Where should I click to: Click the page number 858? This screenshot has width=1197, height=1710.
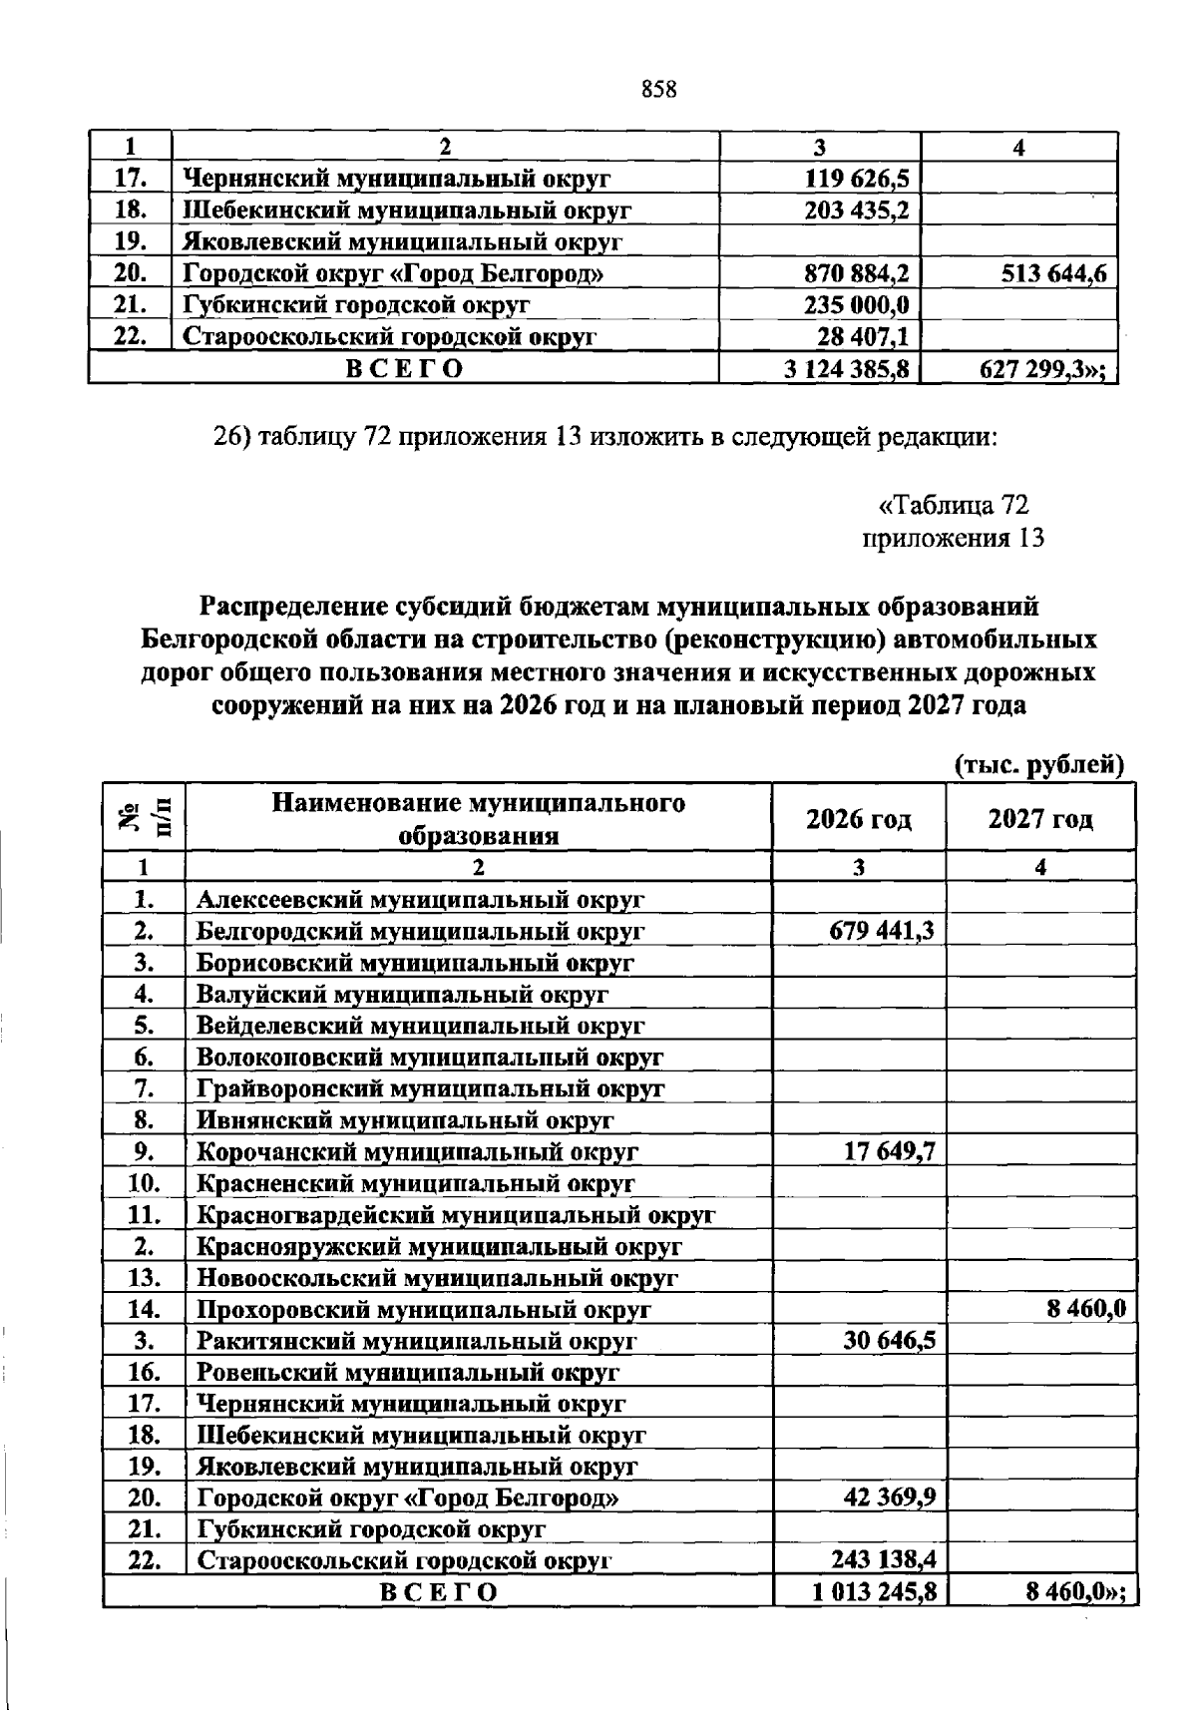point(659,90)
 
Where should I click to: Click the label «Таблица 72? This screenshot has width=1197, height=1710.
point(954,505)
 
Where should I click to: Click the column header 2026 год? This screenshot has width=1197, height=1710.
point(859,819)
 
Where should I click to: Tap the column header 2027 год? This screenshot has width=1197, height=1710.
point(1040,819)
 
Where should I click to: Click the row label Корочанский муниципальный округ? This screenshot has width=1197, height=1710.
point(417,1152)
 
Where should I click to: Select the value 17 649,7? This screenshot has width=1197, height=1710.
point(889,1152)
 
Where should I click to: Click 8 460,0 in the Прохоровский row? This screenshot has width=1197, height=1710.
point(1086,1310)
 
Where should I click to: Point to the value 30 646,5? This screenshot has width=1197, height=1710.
point(889,1341)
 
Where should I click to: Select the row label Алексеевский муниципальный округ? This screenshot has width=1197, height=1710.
point(420,900)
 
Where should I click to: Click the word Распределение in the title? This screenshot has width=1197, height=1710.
point(282,607)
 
